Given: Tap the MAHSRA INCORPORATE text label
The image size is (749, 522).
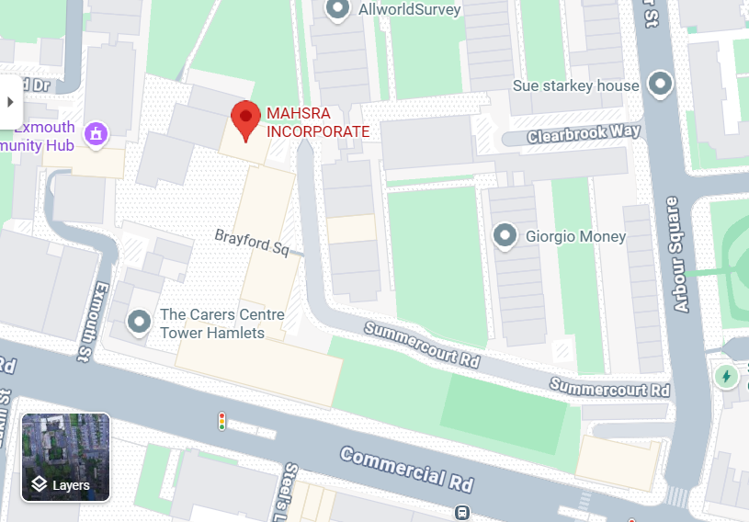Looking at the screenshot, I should pyautogui.click(x=318, y=122).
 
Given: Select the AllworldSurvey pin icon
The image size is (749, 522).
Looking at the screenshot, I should pyautogui.click(x=338, y=9).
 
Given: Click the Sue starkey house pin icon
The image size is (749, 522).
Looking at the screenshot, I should pyautogui.click(x=660, y=85).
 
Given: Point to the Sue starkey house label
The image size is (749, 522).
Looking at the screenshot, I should pyautogui.click(x=576, y=85).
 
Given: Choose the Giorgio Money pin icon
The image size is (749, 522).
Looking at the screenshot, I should pyautogui.click(x=505, y=236).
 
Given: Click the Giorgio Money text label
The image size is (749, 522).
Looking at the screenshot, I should pyautogui.click(x=575, y=236).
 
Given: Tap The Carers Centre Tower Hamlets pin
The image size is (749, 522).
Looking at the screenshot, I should pyautogui.click(x=139, y=323).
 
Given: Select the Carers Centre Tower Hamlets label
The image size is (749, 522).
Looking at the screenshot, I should pyautogui.click(x=222, y=323).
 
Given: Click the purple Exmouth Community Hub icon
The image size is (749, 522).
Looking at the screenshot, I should pyautogui.click(x=95, y=134).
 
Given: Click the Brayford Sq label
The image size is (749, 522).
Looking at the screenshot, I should pyautogui.click(x=252, y=242).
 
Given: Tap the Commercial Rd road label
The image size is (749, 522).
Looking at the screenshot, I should pyautogui.click(x=405, y=467).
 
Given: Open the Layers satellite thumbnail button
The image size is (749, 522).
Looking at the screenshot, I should pyautogui.click(x=66, y=457).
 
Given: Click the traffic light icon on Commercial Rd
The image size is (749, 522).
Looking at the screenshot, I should pyautogui.click(x=221, y=422).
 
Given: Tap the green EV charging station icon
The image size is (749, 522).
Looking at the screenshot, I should pyautogui.click(x=727, y=376).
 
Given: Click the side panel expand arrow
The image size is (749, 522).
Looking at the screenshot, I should pyautogui.click(x=10, y=101).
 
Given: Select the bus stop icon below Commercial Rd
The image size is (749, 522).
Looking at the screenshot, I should pyautogui.click(x=462, y=513).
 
